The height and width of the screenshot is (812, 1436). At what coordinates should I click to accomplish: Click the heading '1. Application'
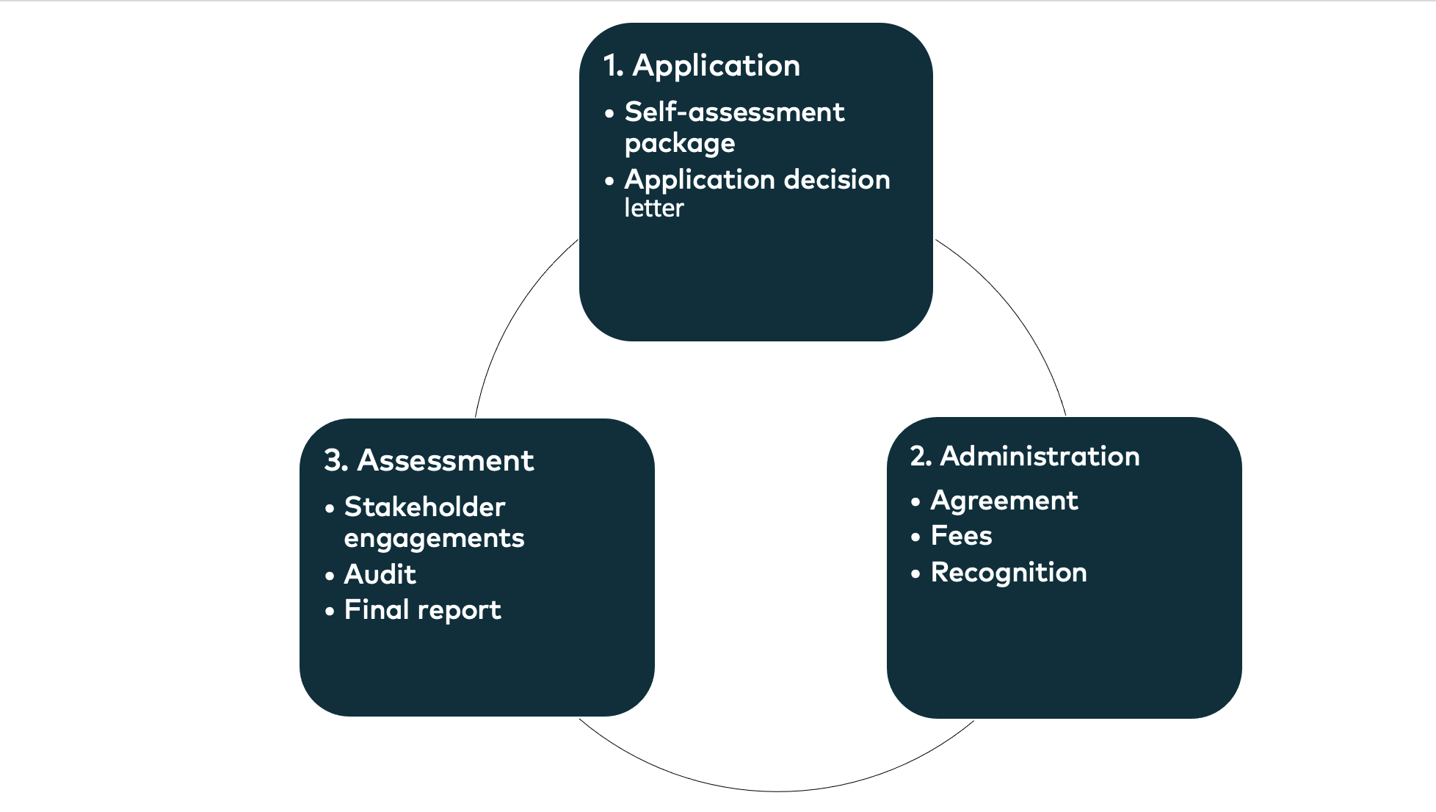pos(701,66)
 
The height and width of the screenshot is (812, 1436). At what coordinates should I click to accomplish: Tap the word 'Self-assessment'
pos(734,112)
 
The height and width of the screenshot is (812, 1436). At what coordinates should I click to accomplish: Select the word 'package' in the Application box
pos(679,144)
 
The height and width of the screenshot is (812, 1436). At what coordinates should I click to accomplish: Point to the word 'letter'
pos(653,209)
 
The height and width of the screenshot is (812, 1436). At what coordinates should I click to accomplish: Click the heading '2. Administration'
pos(1024,457)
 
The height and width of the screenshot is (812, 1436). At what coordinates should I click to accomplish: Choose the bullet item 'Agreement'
pos(1004,501)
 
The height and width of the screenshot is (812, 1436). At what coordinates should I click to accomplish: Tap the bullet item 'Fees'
pos(961,536)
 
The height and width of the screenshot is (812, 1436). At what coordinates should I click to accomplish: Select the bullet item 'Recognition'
pos(1008,573)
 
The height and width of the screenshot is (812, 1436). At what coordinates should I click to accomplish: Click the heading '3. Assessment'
pos(429,461)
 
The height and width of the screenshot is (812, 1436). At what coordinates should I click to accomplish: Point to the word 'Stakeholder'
pos(424,507)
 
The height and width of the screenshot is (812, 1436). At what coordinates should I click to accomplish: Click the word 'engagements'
pos(434,539)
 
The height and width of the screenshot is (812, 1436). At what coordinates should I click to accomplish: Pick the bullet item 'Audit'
pos(380,575)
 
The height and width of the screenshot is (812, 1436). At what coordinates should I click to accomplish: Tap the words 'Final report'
pos(422,610)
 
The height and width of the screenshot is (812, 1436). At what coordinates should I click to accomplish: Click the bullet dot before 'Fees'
pos(915,537)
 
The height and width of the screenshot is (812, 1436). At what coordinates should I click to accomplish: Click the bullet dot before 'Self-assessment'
pos(609,115)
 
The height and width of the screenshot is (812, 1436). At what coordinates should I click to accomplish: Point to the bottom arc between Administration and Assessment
pos(778,791)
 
